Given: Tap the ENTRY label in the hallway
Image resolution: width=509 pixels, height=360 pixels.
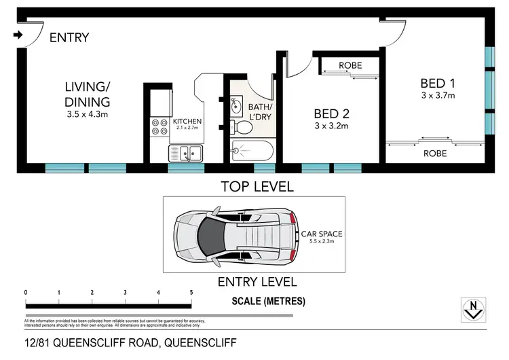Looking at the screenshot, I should coord(69,37).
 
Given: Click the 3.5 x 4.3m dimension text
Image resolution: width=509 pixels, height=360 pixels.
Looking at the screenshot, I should coord(87,114).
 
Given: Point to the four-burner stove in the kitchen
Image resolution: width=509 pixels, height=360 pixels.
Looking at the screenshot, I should coord(159,127).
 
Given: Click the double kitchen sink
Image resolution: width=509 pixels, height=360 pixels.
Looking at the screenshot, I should coord(185,154).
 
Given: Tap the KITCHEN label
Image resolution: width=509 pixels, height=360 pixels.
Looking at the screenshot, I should coord(188,121).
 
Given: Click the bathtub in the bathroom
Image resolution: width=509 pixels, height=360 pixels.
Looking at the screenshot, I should coord(252,151).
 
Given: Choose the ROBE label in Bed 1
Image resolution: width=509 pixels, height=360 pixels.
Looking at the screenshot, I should coord(435,154).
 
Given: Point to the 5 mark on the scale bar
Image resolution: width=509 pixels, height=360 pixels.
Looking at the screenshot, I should coord(191,292).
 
